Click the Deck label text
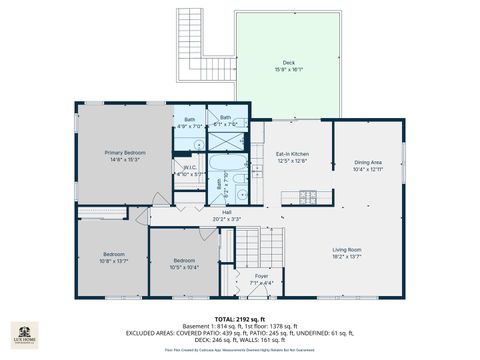tap(288, 62)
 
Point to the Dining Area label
tap(368, 162)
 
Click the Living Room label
tap(347, 250)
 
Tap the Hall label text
tap(227, 212)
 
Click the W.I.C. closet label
tap(189, 167)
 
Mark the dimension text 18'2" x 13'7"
tap(347, 257)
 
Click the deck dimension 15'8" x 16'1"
tap(288, 69)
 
